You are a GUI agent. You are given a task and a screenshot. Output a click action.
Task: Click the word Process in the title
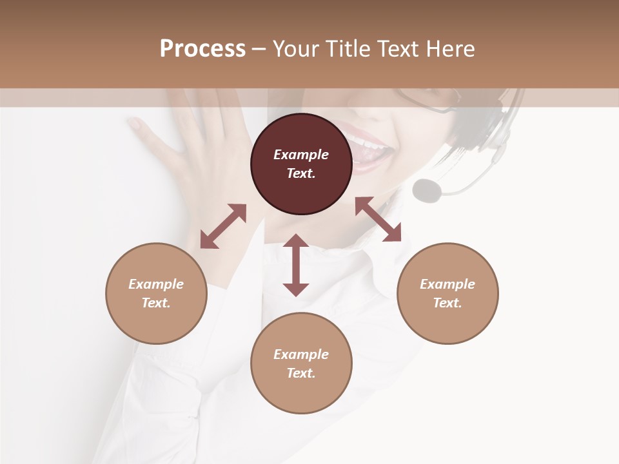tap(202, 49)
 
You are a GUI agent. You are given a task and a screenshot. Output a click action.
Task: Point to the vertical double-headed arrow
tap(296, 265)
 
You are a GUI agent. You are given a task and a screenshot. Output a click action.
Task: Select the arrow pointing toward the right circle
tap(378, 219)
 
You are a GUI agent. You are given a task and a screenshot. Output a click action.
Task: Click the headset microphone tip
tap(427, 189)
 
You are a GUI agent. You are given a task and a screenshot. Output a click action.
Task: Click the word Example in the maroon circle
tap(301, 155)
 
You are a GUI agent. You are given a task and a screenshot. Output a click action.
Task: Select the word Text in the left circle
tap(156, 303)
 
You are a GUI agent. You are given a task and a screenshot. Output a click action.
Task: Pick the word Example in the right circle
tap(447, 284)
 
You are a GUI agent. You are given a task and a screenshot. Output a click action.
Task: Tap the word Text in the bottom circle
tap(301, 373)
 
